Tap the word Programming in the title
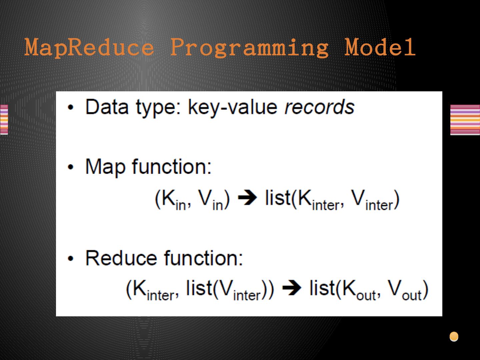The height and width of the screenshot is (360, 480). coord(249,48)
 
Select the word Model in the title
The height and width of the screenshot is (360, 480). coord(380,47)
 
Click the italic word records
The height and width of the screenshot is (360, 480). coord(319,107)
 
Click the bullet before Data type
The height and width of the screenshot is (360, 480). coord(71,107)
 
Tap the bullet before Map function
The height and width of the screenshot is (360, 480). coord(71,167)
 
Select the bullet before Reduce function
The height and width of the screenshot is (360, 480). coord(71,259)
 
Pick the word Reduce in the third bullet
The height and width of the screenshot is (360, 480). coord(121,258)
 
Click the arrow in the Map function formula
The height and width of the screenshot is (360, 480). coord(247,198)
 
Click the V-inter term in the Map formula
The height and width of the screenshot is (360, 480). coord(372,200)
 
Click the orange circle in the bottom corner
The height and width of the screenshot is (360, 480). coord(454,336)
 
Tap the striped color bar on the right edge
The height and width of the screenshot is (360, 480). coord(465,120)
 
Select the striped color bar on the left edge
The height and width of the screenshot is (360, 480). coord(4,120)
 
